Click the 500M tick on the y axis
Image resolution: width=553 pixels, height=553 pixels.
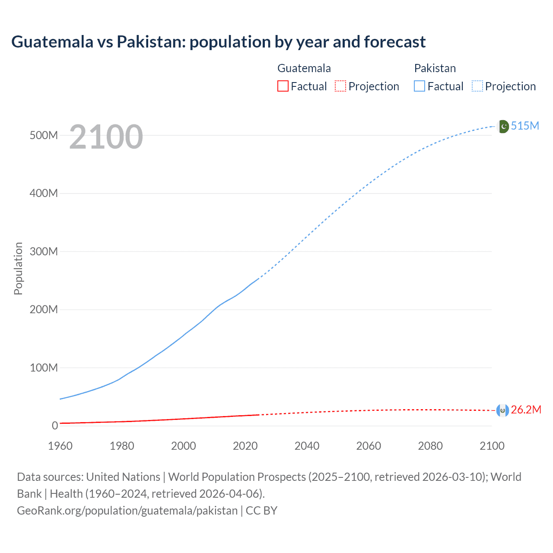tap(44, 135)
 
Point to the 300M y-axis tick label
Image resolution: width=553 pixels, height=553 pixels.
tap(44, 251)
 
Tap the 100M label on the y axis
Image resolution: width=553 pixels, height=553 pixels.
tap(44, 368)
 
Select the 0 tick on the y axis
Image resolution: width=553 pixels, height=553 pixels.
tap(55, 426)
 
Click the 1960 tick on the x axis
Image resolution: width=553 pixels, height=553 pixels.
tap(60, 446)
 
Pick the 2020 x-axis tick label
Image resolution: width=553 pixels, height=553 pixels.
tap(245, 446)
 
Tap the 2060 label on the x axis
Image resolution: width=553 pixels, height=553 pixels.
tap(369, 446)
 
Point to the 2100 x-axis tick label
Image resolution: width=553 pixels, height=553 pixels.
tap(492, 446)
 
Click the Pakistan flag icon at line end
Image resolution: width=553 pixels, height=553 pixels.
tap(503, 126)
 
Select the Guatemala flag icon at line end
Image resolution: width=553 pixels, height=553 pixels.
tap(502, 410)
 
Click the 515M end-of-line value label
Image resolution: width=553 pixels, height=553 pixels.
tap(525, 126)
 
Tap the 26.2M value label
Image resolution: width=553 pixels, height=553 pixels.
tap(526, 410)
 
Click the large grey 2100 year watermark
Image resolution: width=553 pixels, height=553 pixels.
tap(106, 137)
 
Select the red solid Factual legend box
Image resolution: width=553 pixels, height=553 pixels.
tap(283, 86)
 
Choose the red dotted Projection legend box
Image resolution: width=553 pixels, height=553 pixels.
tap(340, 86)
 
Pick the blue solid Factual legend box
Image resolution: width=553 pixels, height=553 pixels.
tap(420, 86)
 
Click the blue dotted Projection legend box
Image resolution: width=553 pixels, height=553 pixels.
tap(477, 86)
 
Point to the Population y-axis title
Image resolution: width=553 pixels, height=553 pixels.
tap(18, 268)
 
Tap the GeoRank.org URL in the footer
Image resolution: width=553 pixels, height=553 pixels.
tap(127, 510)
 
